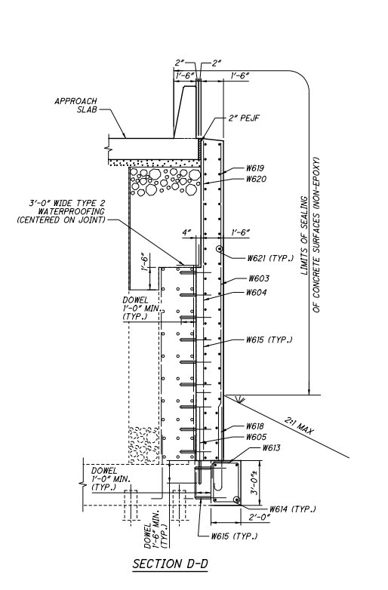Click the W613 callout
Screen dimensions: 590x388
[271, 447]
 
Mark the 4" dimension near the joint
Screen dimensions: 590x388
[186, 233]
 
